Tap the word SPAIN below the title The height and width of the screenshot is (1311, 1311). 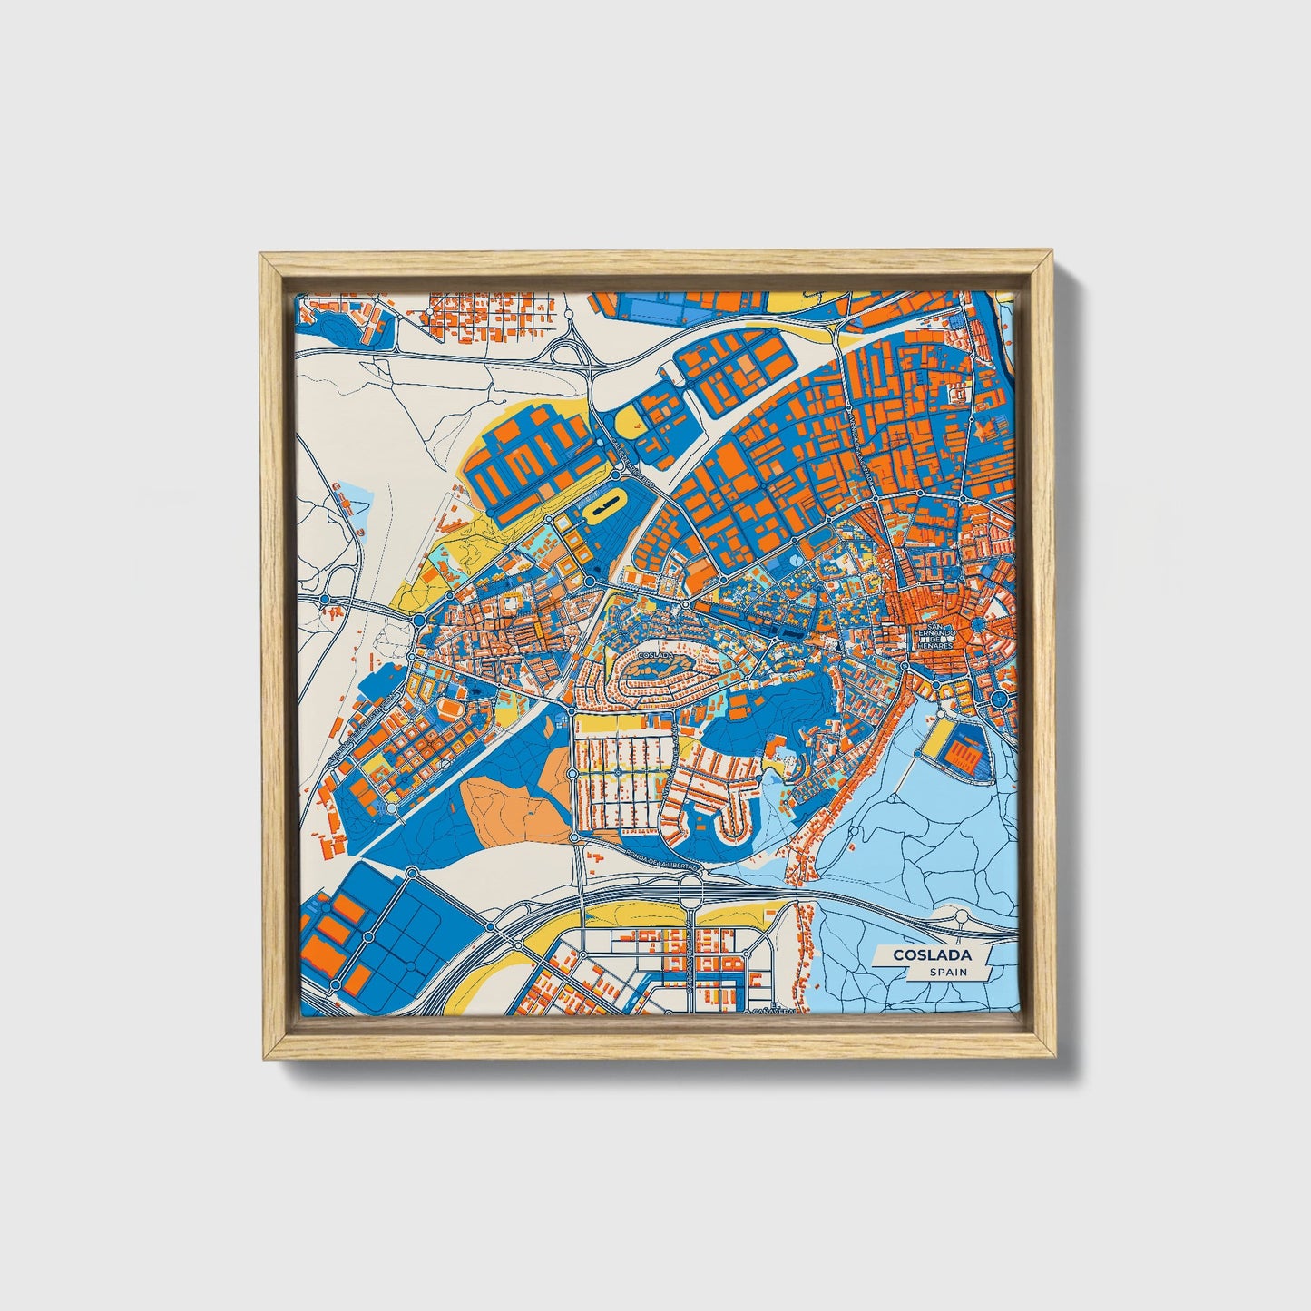[947, 972]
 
